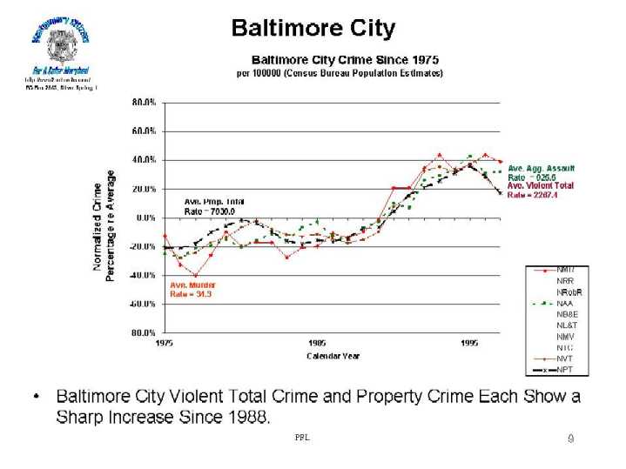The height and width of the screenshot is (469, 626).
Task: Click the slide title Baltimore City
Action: (x=313, y=28)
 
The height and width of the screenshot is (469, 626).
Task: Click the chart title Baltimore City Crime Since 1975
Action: (x=345, y=60)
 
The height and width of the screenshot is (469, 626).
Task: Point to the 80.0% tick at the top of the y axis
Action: (x=144, y=102)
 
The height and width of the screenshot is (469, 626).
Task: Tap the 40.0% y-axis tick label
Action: (x=144, y=160)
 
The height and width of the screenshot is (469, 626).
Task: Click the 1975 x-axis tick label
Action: (x=165, y=344)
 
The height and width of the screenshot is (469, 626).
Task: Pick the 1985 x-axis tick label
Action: (x=317, y=344)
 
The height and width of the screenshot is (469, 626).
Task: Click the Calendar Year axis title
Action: (x=333, y=356)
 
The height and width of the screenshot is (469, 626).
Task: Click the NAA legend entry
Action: (x=563, y=303)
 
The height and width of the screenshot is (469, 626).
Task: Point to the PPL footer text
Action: (x=302, y=438)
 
